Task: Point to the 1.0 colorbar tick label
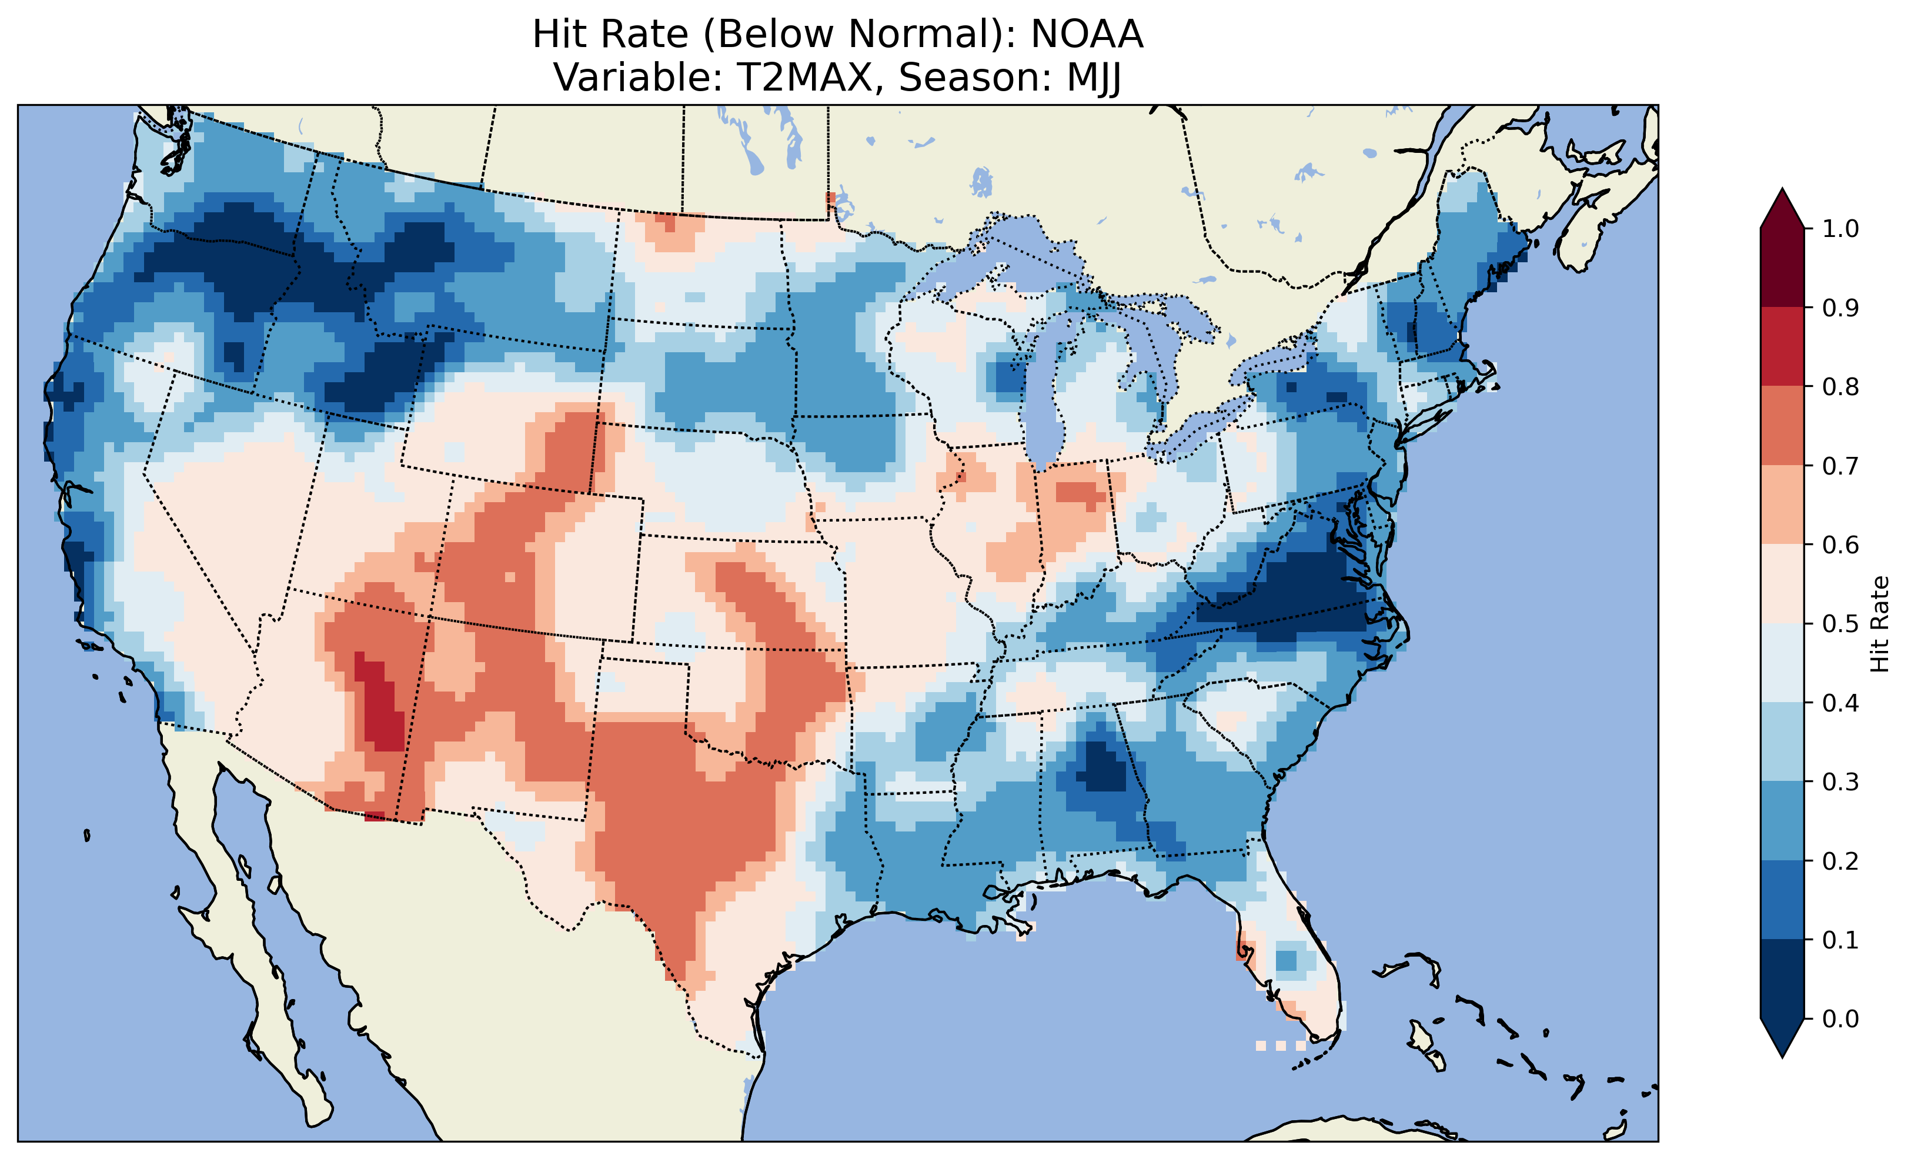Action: point(1840,229)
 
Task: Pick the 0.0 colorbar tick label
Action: point(1840,1018)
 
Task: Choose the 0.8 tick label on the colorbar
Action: point(1840,386)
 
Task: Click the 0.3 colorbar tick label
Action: point(1840,782)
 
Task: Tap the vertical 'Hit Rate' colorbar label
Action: point(1879,624)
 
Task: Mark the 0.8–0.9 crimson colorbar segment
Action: point(1782,346)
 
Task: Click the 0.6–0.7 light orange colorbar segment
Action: point(1782,505)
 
